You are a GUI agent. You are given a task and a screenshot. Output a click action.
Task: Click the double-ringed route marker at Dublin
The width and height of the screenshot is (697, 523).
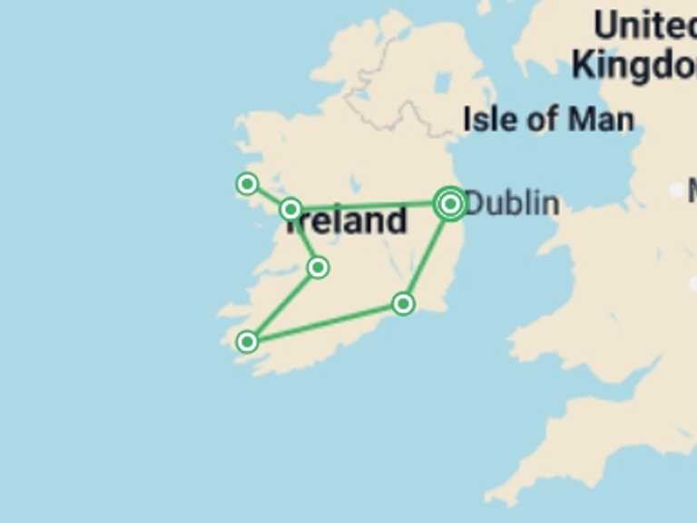coord(450,204)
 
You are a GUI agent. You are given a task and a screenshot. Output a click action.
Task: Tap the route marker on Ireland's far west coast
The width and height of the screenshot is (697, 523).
coord(247,184)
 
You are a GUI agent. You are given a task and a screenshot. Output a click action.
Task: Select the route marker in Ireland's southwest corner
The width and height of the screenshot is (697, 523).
coord(247,341)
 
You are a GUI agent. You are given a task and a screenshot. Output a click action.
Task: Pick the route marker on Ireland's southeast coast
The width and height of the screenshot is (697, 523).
coord(404,303)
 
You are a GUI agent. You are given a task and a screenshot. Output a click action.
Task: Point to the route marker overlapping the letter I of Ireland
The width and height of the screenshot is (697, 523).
coord(290,210)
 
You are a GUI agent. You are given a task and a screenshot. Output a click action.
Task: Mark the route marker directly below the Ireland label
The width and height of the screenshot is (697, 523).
coord(318,267)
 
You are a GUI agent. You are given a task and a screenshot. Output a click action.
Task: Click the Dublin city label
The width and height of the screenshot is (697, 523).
coord(511,203)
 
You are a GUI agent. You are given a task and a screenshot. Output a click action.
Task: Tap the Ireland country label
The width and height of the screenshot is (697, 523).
coord(349,222)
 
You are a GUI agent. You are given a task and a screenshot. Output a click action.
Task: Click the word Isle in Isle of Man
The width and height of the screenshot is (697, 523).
coord(488,119)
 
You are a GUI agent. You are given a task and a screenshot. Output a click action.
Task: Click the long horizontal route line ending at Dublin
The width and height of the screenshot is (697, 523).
coord(372,206)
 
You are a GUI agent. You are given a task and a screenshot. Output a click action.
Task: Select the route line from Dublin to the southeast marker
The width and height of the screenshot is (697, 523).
coord(427,254)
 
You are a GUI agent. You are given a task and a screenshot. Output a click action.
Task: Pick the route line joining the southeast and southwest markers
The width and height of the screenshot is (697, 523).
coord(327,322)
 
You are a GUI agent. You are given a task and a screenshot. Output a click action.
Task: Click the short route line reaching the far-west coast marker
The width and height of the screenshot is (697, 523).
coord(268,196)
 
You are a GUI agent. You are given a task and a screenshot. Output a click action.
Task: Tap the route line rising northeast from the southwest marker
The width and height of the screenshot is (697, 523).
coord(282,305)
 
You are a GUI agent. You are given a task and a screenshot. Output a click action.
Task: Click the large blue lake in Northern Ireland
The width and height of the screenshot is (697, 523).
coord(443,84)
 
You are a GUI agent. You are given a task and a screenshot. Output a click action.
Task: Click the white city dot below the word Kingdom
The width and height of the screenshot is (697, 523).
coord(677,190)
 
